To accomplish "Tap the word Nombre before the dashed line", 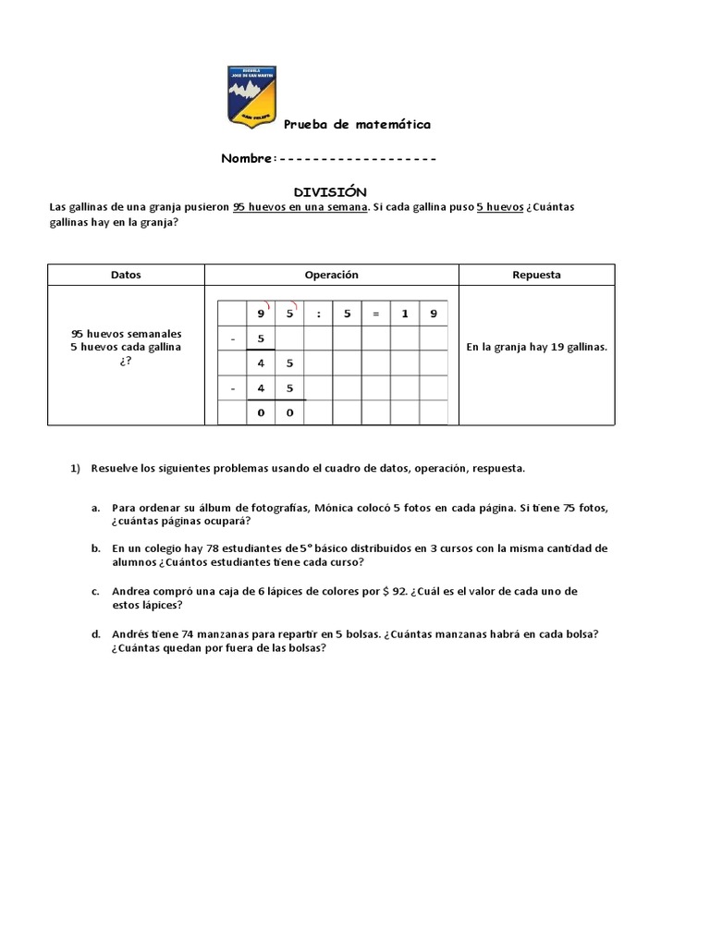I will coord(247,158).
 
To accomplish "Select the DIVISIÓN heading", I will coord(330,191).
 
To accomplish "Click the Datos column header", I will coord(126,275).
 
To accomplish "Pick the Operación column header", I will coord(331,275).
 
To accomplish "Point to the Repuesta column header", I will coord(536,275).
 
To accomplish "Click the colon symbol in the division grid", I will coord(318,314).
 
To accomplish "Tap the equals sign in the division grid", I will coord(375,314).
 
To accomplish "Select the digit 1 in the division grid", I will coord(404,314).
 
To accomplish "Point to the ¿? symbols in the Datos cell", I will coord(126,361).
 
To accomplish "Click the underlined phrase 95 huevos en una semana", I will coord(300,206).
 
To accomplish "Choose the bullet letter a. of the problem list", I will coord(95,508).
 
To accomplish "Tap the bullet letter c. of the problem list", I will coord(95,590).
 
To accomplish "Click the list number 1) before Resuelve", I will coord(76,468).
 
